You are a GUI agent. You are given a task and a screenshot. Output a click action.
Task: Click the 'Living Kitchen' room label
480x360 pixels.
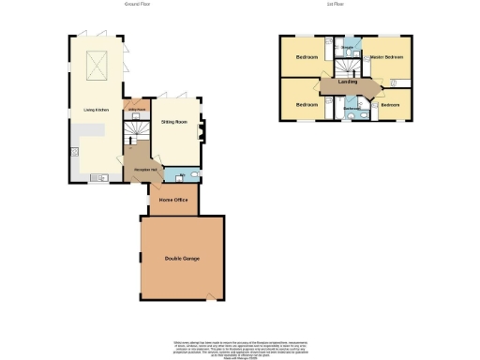pyautogui.click(x=96, y=111)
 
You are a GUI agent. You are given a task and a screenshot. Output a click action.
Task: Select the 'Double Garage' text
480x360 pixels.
pyautogui.click(x=182, y=258)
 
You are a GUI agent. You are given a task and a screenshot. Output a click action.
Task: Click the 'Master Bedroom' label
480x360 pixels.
pyautogui.click(x=386, y=58)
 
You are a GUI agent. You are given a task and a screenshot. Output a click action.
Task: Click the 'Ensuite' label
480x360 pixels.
pyautogui.click(x=347, y=46)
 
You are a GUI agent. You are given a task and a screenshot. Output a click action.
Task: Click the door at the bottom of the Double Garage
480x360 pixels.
pyautogui.click(x=210, y=299)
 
